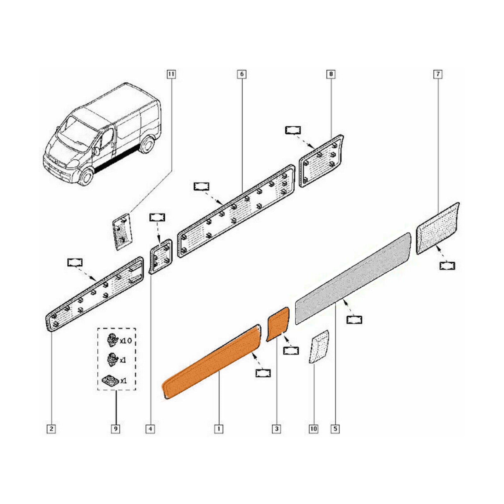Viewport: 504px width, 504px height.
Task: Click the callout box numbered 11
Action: click(x=171, y=74)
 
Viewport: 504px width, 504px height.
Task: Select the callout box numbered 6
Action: click(x=242, y=74)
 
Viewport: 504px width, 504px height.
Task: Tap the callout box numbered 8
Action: click(x=331, y=74)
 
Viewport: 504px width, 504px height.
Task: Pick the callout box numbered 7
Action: click(x=438, y=74)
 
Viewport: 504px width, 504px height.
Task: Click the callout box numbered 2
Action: click(x=51, y=429)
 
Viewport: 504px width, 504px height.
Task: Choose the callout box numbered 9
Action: click(x=116, y=429)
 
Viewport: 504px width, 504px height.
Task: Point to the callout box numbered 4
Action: click(x=150, y=429)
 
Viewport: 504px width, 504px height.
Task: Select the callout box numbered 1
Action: click(x=219, y=429)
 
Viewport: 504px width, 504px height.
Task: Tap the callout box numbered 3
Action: click(x=277, y=429)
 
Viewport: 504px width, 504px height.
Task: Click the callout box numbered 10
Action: click(x=314, y=429)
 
